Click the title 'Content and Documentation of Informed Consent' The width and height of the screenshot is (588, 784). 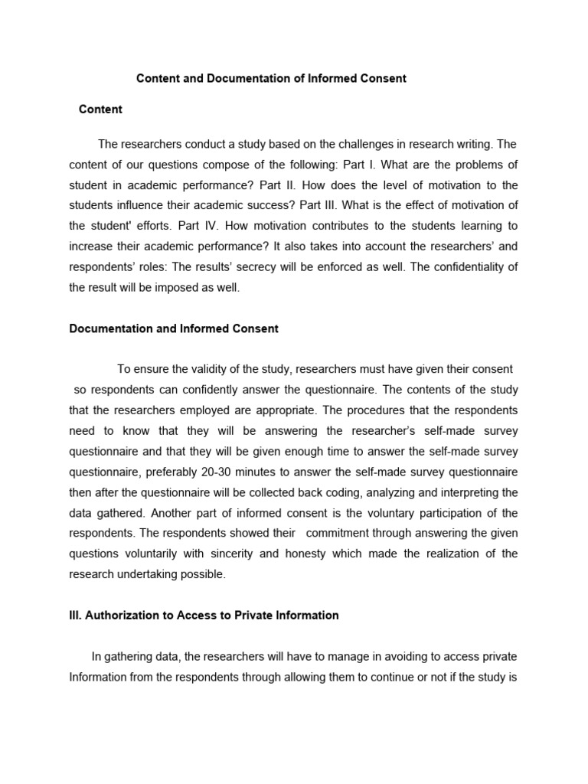tap(271, 79)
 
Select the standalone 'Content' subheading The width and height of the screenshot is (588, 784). tap(100, 109)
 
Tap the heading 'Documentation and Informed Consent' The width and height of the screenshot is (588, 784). tap(174, 328)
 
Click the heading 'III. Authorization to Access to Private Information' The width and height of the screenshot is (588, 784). tap(204, 616)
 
